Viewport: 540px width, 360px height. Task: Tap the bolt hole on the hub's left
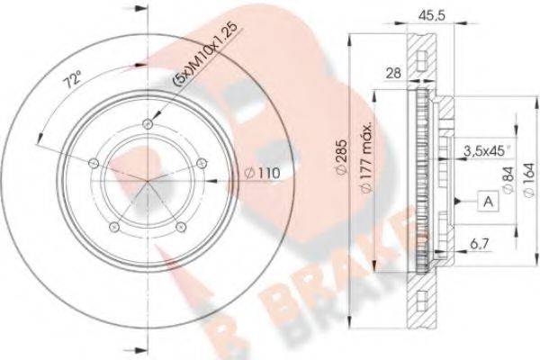click(x=94, y=161)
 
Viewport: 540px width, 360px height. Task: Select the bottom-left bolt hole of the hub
click(x=112, y=224)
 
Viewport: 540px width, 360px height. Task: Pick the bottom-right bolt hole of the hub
click(x=179, y=226)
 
